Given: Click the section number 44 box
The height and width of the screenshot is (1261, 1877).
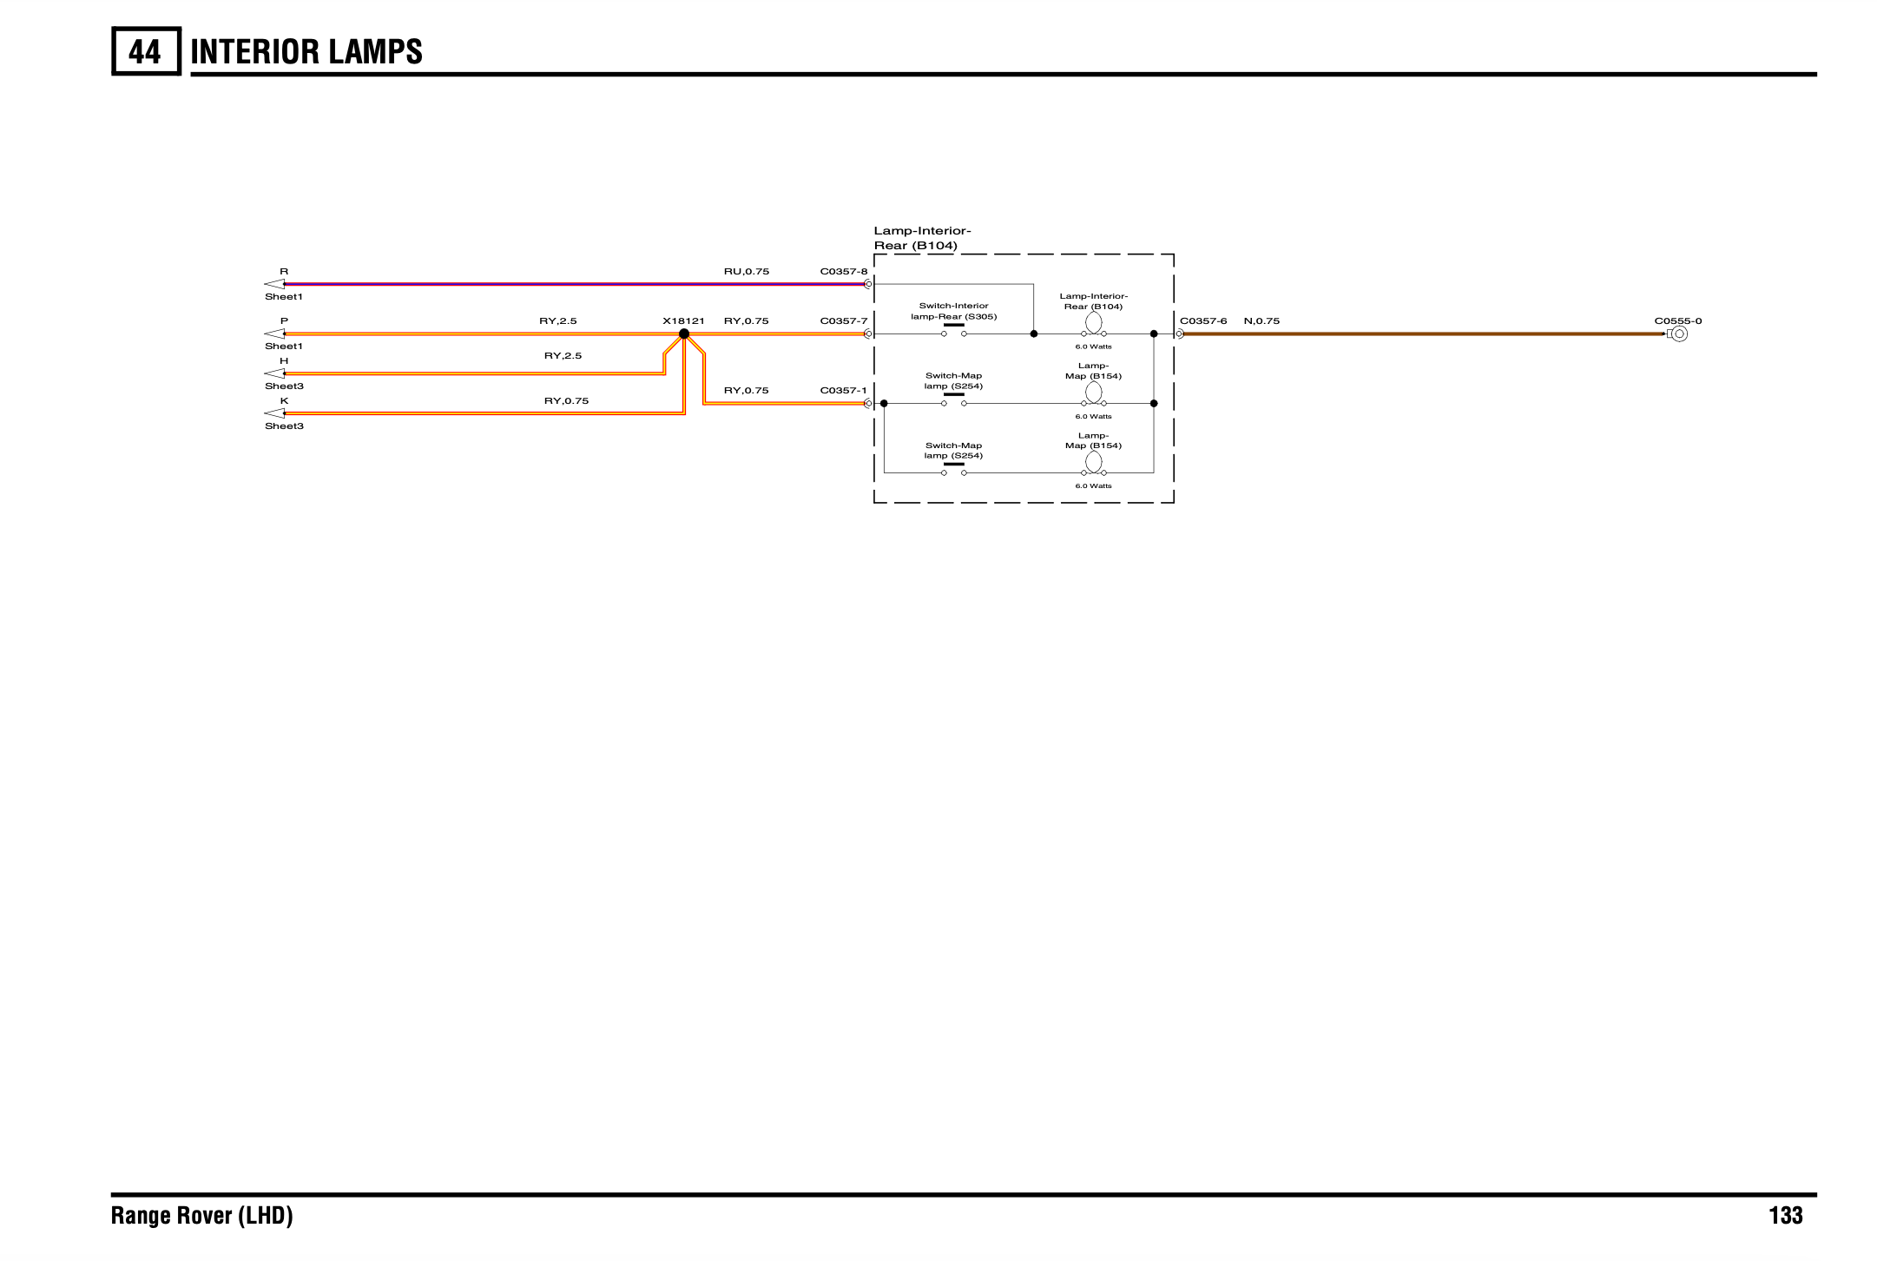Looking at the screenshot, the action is [x=146, y=51].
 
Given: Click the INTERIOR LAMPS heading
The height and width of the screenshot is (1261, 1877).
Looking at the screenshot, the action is [x=306, y=52].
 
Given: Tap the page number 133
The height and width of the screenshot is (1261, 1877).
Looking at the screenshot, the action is [x=1785, y=1215].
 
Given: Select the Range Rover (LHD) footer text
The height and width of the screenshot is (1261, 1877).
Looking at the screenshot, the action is [x=202, y=1215].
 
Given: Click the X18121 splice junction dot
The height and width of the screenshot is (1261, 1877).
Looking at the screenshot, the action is [x=684, y=333].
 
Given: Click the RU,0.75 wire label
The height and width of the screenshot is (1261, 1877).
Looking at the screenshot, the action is [x=747, y=272].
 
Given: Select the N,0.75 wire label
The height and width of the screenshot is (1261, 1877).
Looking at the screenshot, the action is [x=1261, y=321].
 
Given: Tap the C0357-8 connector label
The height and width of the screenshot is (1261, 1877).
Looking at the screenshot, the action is [x=844, y=272].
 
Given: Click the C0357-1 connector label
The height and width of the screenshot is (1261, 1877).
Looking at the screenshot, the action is [x=844, y=391].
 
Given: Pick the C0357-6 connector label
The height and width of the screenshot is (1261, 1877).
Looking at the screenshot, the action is [x=1203, y=321].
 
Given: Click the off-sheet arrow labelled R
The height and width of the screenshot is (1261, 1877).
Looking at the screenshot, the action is [x=274, y=284].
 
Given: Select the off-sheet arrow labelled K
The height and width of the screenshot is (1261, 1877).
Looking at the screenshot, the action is [x=274, y=413].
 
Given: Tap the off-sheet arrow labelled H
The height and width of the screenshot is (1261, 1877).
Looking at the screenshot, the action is [x=274, y=373].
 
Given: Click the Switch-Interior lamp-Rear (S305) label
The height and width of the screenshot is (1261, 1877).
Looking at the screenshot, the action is [x=954, y=311].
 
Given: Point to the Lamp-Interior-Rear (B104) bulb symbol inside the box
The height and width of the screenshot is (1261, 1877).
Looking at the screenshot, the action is [x=1094, y=323].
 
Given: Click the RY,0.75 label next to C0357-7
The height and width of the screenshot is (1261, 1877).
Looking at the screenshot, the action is [x=747, y=321].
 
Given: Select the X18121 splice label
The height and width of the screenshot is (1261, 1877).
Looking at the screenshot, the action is [x=683, y=321].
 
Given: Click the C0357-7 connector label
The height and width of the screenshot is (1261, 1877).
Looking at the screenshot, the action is [x=844, y=321].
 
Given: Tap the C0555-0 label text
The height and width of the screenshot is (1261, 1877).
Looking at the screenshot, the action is [x=1678, y=321].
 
